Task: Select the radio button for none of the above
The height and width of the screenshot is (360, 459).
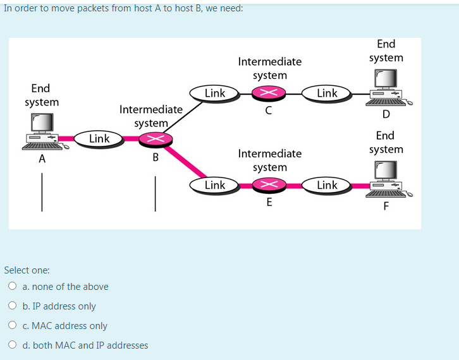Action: [13, 286]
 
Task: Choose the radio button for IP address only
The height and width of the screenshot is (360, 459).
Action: [13, 306]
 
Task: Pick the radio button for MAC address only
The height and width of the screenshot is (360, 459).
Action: [13, 326]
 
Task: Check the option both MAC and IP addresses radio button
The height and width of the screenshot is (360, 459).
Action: [13, 345]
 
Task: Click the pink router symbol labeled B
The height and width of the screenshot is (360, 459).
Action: [152, 139]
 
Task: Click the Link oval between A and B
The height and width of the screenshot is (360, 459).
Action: [99, 138]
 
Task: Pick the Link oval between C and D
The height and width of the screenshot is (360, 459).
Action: [327, 93]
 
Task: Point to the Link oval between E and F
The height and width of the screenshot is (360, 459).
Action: [327, 185]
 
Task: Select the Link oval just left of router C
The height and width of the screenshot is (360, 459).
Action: [214, 93]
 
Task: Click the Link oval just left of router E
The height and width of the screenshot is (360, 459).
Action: [214, 185]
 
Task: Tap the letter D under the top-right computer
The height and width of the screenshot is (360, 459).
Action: [386, 114]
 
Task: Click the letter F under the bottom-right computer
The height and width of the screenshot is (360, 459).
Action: [386, 205]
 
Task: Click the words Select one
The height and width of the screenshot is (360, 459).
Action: [27, 270]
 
